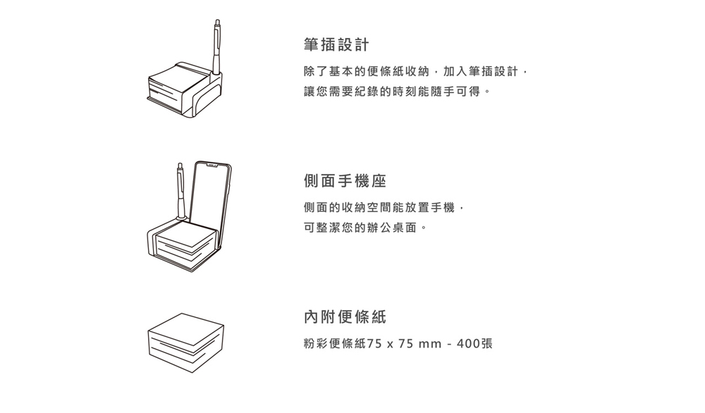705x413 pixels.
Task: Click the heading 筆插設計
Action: click(x=336, y=44)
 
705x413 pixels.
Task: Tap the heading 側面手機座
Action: click(x=345, y=181)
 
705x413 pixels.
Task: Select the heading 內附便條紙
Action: click(x=345, y=317)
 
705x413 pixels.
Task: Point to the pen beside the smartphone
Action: click(x=180, y=191)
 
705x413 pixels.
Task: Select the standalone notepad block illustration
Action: click(x=185, y=343)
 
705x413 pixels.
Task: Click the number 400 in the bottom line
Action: click(x=469, y=344)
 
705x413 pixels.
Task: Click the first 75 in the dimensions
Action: click(x=374, y=344)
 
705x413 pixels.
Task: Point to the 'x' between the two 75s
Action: click(x=390, y=345)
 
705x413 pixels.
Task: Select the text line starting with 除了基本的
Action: click(x=415, y=71)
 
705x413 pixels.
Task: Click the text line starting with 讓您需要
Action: click(x=397, y=92)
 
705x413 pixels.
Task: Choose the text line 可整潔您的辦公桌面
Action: click(x=365, y=228)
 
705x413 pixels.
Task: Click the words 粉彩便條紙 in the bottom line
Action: click(x=335, y=344)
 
